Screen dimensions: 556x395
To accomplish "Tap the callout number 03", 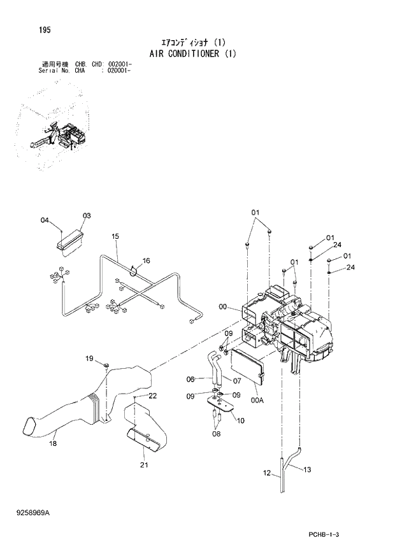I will point(87,216).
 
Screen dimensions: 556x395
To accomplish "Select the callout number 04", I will point(45,220).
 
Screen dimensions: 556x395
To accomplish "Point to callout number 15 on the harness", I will point(115,236).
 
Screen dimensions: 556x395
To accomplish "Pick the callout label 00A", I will point(257,400).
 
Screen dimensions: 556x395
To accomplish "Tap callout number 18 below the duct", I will point(53,443).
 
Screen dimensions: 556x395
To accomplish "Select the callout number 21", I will point(144,466).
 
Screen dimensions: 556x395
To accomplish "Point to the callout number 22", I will point(153,396).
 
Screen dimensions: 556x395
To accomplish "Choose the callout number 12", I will point(267,473).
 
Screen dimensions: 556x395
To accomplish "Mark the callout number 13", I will point(307,469).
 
